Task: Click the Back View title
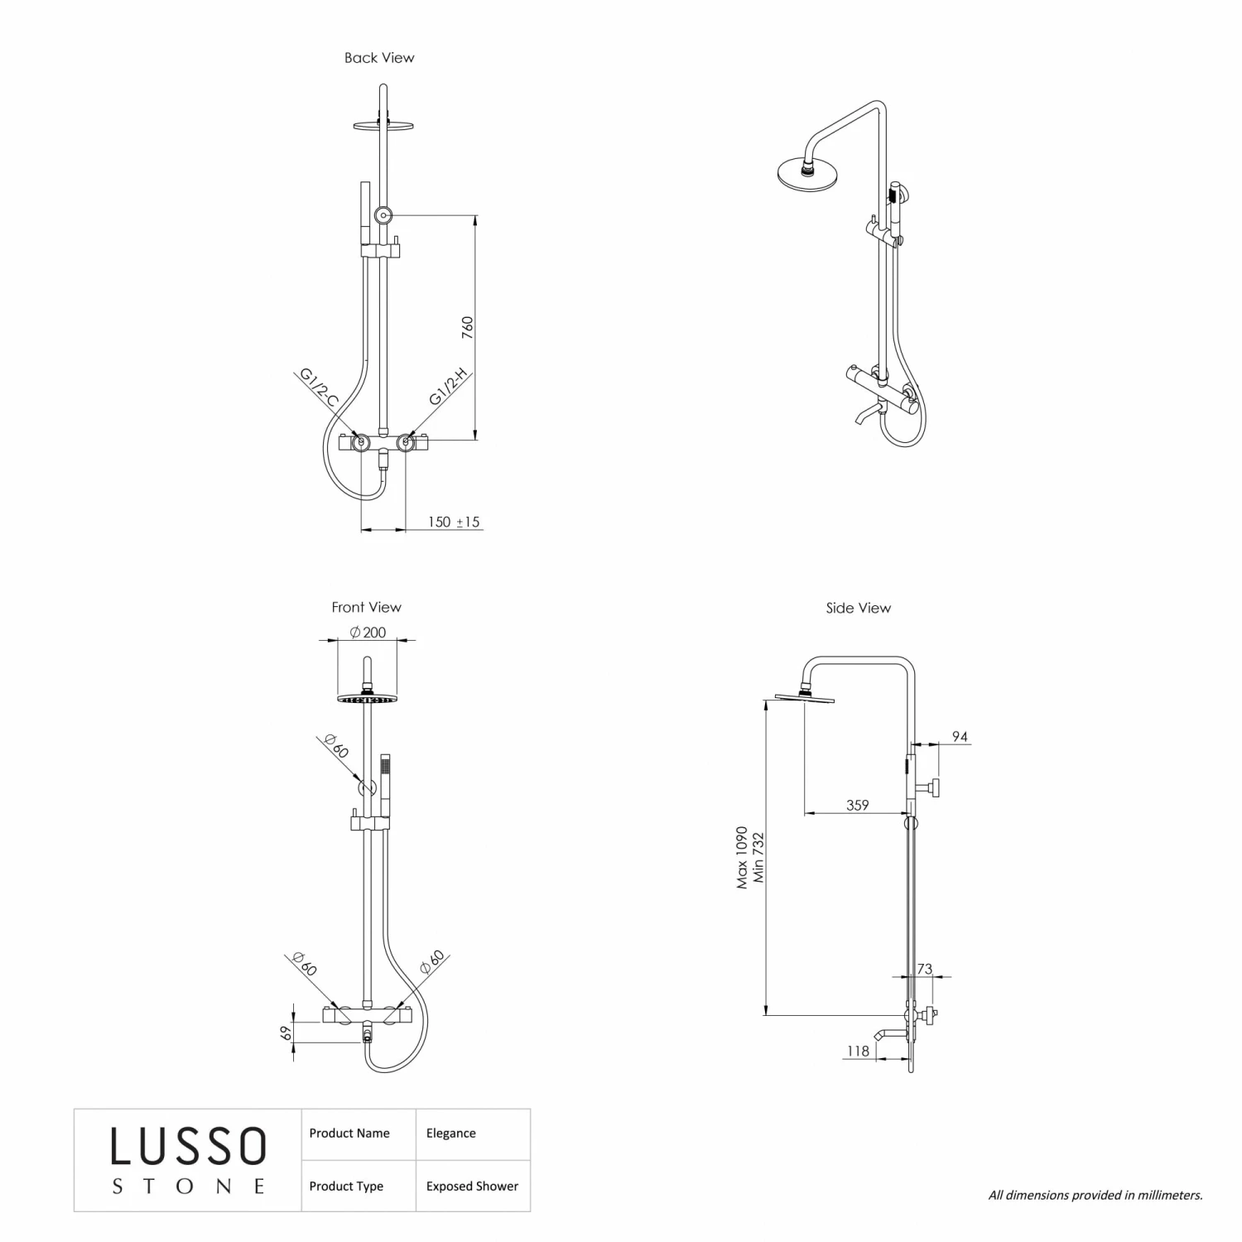click(x=379, y=58)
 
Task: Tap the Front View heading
click(x=366, y=607)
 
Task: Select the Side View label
click(x=858, y=608)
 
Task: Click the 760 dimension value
click(x=467, y=327)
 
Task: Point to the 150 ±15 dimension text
click(x=453, y=522)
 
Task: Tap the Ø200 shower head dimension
click(x=368, y=633)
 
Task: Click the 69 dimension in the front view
click(x=286, y=1033)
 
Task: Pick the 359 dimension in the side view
click(x=858, y=804)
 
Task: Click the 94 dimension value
click(x=960, y=736)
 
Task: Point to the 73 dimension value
click(x=924, y=969)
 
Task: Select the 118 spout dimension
click(x=858, y=1051)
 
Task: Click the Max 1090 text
click(x=742, y=857)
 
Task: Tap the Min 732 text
click(x=758, y=857)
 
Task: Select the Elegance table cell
click(x=450, y=1134)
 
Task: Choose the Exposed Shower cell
click(x=472, y=1187)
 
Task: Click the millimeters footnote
click(x=1095, y=1195)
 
